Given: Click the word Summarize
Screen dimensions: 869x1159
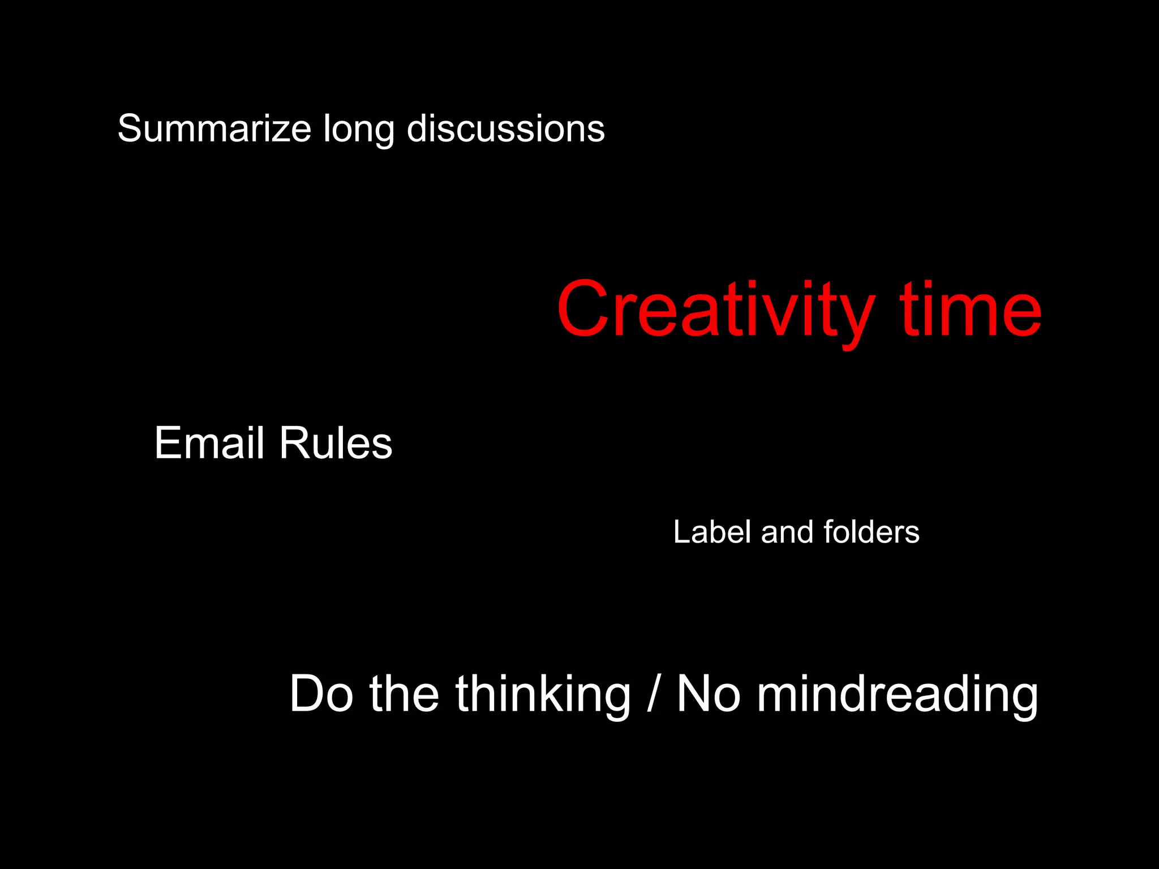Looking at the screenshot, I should [214, 128].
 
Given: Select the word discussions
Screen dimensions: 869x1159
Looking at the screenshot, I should [505, 128].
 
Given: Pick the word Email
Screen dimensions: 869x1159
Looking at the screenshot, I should [209, 443].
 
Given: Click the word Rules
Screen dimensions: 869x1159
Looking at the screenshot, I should [336, 443].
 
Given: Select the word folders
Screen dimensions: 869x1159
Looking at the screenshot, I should [872, 532].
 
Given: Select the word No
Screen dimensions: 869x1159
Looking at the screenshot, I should [709, 694].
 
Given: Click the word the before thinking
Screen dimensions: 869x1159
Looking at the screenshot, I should [405, 694].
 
